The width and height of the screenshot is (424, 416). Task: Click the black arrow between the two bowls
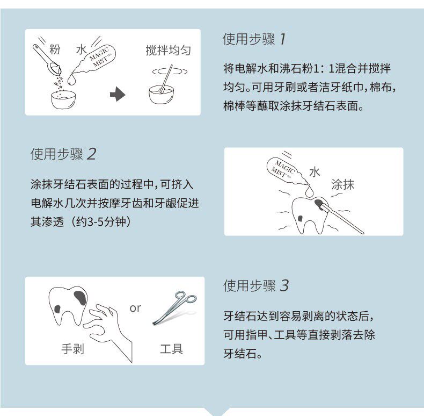[x=118, y=94]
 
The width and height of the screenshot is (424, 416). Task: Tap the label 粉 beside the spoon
[x=54, y=49]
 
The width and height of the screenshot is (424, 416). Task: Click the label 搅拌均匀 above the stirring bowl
[x=168, y=51]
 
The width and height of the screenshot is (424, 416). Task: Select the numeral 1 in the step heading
[x=282, y=39]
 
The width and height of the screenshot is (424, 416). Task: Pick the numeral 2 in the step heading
[x=91, y=154]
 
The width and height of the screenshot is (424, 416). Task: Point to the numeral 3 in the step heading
[x=284, y=286]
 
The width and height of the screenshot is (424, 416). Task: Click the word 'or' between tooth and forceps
[x=135, y=308]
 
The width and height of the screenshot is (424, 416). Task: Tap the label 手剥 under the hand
[x=72, y=349]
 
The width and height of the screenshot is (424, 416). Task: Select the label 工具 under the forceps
[x=171, y=349]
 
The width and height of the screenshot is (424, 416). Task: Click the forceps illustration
[x=174, y=307]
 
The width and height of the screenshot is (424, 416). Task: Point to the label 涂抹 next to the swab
[x=342, y=185]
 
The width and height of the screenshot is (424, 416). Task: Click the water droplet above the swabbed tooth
[x=309, y=191]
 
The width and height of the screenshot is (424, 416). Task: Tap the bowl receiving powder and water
[x=63, y=99]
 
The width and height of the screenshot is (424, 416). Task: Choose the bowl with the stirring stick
[x=162, y=95]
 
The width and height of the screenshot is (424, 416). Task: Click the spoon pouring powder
[x=48, y=60]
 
